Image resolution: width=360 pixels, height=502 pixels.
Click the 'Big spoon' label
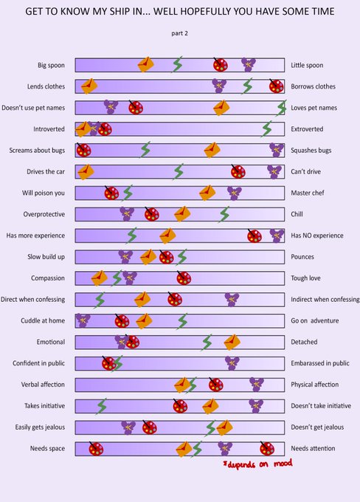(51, 65)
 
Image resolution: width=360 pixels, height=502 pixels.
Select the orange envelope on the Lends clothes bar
(89, 86)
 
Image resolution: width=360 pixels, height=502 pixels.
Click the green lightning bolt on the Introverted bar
(266, 128)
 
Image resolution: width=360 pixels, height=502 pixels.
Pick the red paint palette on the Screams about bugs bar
(83, 150)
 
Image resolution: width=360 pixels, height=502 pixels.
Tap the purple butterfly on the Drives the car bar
(274, 171)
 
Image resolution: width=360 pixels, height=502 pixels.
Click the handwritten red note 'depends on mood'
(257, 464)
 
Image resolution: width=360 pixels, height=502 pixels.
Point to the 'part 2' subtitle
(179, 33)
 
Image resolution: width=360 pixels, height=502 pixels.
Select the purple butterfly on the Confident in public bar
(232, 363)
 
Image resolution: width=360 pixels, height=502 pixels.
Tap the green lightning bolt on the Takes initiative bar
(102, 406)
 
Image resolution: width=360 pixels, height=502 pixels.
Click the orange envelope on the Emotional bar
(232, 342)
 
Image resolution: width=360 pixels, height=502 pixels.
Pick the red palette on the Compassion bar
(184, 278)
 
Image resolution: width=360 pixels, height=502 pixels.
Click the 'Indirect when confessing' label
(325, 299)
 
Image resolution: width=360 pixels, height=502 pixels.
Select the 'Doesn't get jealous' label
(317, 427)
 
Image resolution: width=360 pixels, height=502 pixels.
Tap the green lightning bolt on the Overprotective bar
(224, 214)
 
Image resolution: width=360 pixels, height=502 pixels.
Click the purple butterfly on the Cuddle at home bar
(83, 320)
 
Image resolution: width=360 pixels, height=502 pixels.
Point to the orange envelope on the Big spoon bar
(145, 65)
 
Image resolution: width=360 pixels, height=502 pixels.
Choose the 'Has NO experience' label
(316, 235)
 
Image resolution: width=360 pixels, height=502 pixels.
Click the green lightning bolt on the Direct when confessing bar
(100, 300)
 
